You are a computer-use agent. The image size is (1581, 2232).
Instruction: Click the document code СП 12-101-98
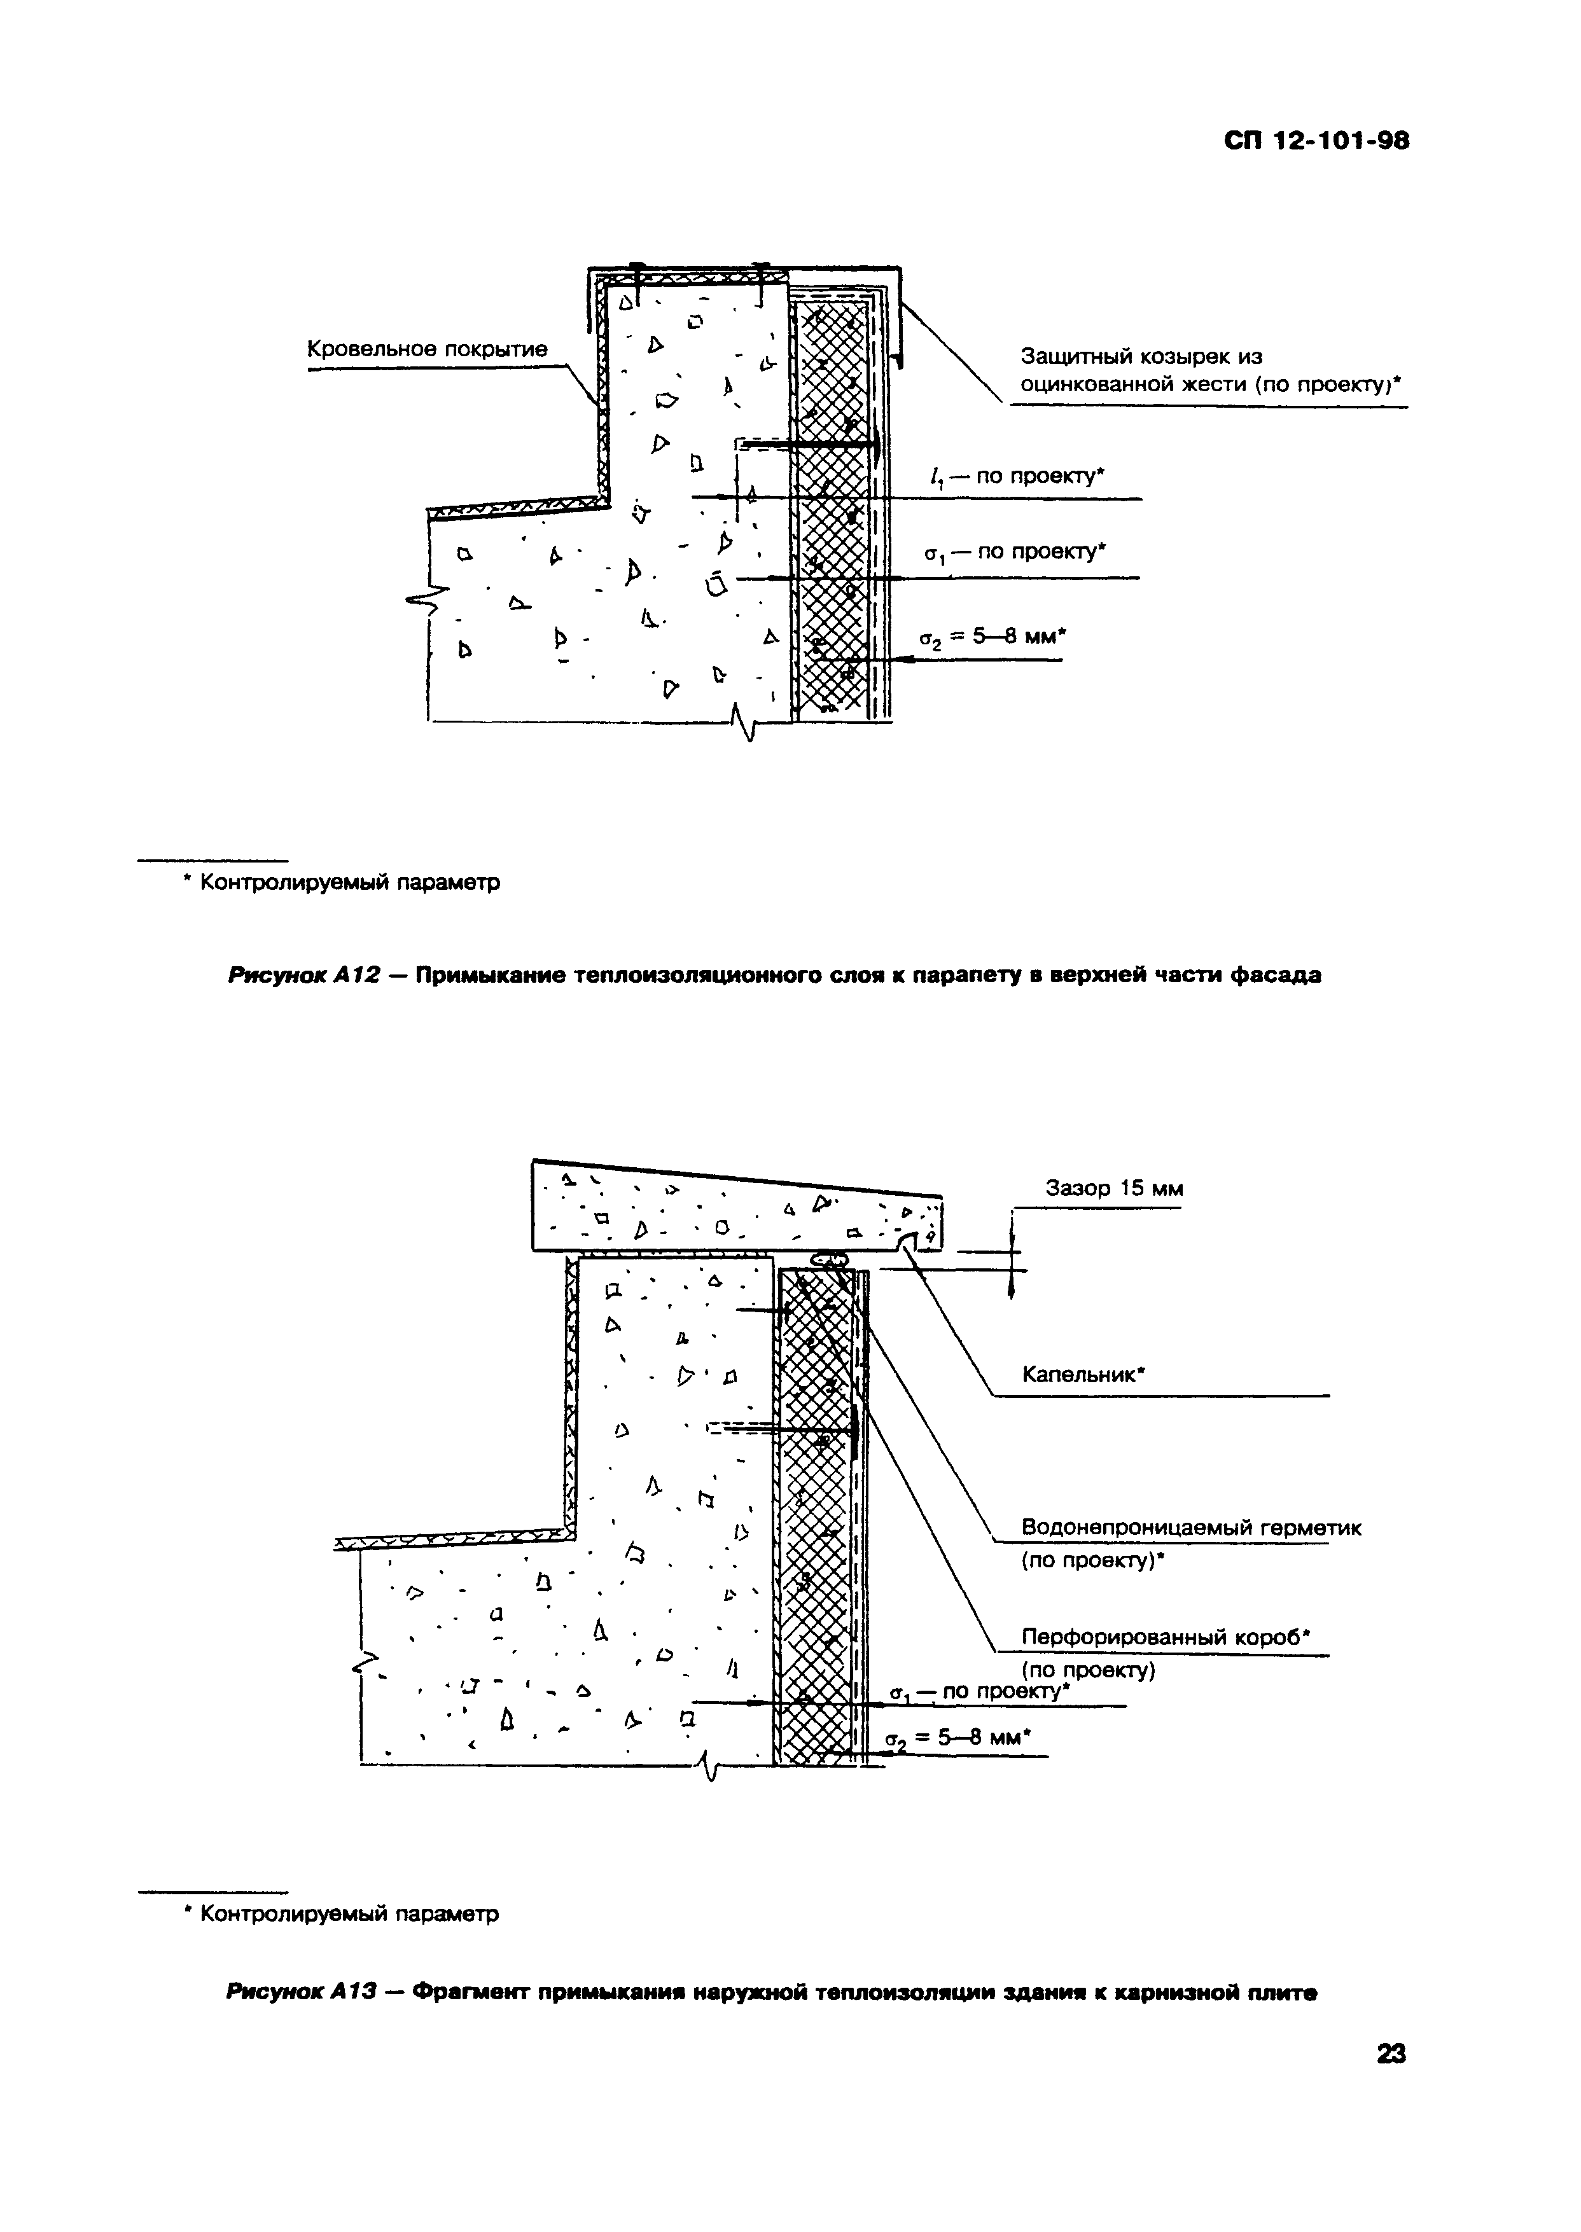(x=1316, y=142)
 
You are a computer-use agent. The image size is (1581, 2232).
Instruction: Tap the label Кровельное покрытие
(x=428, y=349)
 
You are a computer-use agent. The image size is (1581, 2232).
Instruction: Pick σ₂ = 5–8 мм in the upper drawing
(x=993, y=637)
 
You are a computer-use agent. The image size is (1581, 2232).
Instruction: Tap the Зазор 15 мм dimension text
(x=1114, y=1189)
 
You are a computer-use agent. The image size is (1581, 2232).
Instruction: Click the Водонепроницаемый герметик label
(x=1190, y=1528)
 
